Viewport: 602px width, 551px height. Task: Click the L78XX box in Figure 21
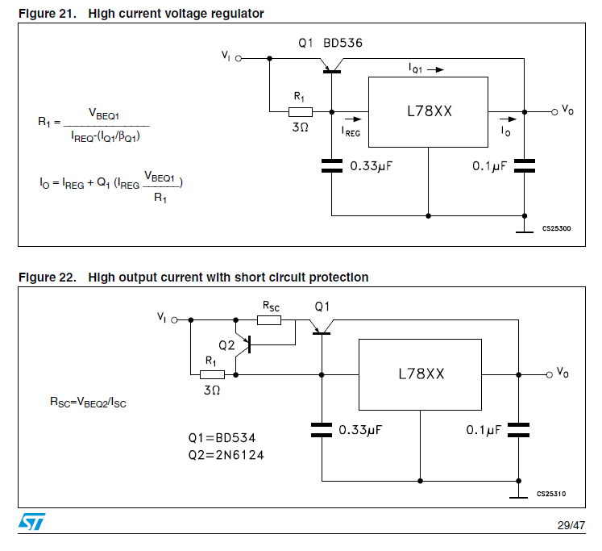[429, 111]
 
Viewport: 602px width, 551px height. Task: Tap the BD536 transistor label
[343, 45]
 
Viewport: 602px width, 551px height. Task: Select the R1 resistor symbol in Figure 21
[301, 111]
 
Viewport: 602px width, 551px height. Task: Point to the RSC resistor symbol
[269, 319]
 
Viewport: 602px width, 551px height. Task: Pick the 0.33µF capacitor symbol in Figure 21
[331, 166]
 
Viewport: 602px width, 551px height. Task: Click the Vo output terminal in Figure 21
[554, 111]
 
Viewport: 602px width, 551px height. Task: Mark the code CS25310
[553, 493]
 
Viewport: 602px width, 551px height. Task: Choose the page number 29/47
[571, 525]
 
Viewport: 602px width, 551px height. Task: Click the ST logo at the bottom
[32, 522]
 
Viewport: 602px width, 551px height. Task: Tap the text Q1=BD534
[222, 438]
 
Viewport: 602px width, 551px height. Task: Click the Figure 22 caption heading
[193, 278]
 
